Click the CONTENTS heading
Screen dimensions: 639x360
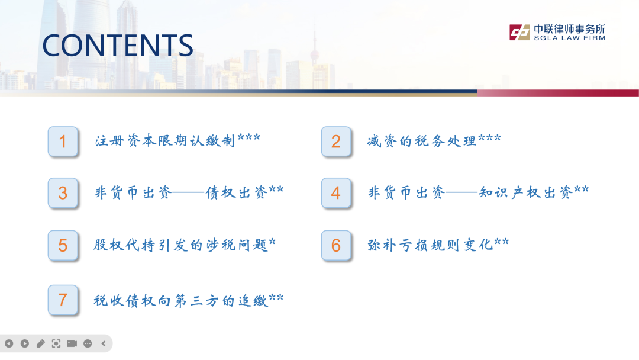(118, 45)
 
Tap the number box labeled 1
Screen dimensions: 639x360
(63, 142)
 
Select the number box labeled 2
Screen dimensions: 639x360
(336, 142)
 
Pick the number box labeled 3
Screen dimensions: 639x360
(63, 193)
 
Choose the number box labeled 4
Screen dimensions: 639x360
(336, 193)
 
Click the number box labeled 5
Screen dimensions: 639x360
(63, 246)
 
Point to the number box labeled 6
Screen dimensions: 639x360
(336, 246)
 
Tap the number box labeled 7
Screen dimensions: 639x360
(63, 300)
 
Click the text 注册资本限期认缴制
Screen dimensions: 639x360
(165, 141)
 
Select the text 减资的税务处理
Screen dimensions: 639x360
(421, 141)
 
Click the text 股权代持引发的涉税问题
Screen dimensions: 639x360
(180, 245)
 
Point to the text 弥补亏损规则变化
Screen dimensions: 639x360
(430, 245)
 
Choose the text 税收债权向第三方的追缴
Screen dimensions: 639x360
(180, 300)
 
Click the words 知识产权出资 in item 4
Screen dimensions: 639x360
(525, 192)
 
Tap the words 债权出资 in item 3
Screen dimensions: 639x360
(236, 192)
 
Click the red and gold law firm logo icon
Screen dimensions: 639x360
(519, 32)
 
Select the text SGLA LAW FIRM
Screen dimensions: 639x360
(569, 38)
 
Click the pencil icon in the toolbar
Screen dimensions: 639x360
(40, 343)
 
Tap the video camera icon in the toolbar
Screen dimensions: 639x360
(72, 343)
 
